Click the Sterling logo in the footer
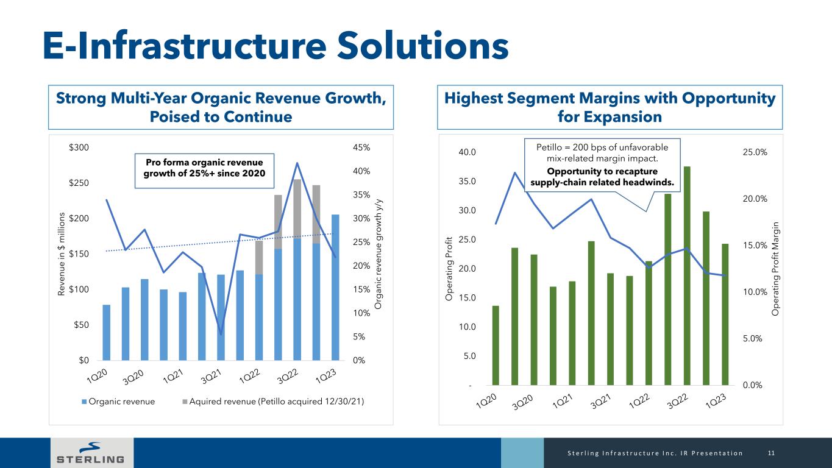[x=90, y=453]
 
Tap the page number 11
[x=771, y=453]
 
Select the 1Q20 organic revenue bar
[x=107, y=332]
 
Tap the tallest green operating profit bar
[x=687, y=275]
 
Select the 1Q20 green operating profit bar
[x=496, y=346]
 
